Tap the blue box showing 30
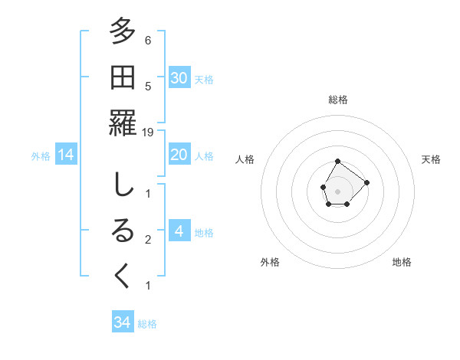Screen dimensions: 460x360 click(179, 78)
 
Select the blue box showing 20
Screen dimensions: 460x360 click(179, 155)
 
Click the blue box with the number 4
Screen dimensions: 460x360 click(179, 232)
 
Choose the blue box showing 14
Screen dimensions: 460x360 click(66, 155)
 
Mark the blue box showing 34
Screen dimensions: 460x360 click(123, 322)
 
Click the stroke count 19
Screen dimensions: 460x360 click(148, 132)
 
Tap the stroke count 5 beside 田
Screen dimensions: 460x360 click(148, 86)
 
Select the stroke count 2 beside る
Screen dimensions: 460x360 click(148, 240)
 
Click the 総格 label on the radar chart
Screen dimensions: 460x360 click(338, 100)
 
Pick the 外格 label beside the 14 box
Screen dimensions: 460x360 click(41, 156)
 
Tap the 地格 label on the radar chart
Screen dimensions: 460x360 click(402, 262)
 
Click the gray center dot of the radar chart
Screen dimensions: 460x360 click(338, 191)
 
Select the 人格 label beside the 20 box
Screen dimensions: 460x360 click(204, 156)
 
